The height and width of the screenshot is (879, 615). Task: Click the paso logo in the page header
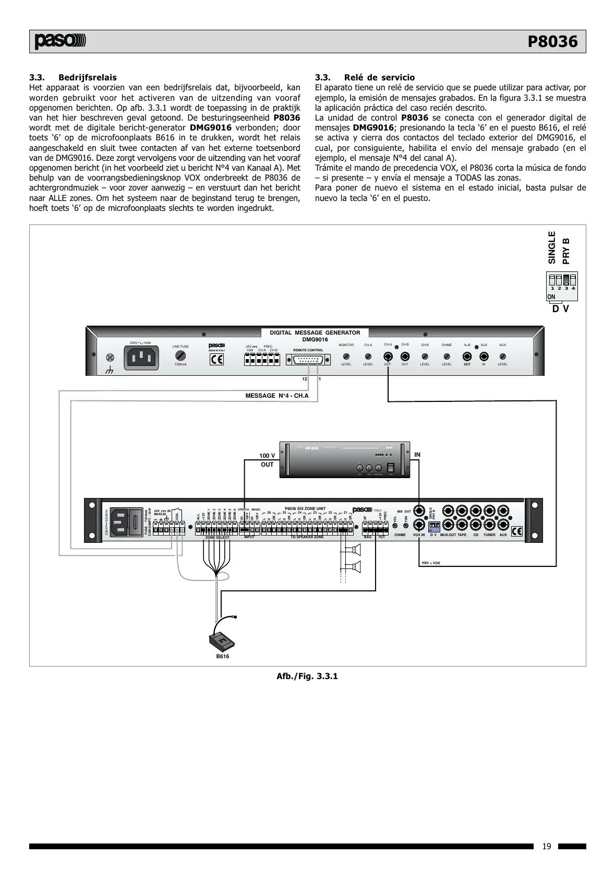point(60,42)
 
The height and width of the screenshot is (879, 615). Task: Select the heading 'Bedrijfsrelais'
point(88,77)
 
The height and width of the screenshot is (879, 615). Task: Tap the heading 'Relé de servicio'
point(379,77)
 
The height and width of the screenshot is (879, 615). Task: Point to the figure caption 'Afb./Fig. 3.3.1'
point(307,676)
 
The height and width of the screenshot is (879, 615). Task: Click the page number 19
point(546,846)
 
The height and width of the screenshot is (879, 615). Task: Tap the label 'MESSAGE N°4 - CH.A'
point(277,396)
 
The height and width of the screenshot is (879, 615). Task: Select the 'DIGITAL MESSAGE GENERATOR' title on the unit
point(315,332)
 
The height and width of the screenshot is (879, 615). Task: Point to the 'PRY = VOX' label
point(431,563)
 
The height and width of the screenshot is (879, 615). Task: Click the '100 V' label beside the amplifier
point(267,456)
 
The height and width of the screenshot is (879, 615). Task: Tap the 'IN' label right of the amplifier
point(417,455)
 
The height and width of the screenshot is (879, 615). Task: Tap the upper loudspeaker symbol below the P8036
point(356,549)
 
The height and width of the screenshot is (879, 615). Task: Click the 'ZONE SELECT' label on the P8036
point(217,537)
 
